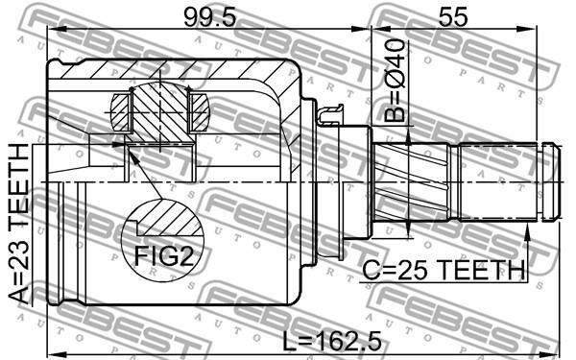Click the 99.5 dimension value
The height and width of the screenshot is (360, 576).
coord(209,17)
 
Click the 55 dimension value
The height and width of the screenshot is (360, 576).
coord(453,17)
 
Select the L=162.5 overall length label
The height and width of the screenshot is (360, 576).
coord(332,341)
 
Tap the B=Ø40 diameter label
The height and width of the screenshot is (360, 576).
coord(395,80)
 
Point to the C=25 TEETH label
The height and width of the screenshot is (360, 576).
coord(444,270)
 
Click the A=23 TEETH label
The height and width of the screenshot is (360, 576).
coord(18,224)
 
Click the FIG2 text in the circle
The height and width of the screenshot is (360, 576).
coord(164,255)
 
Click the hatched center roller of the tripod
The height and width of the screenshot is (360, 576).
coord(160,111)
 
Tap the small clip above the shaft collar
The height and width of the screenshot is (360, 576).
coord(331,114)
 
